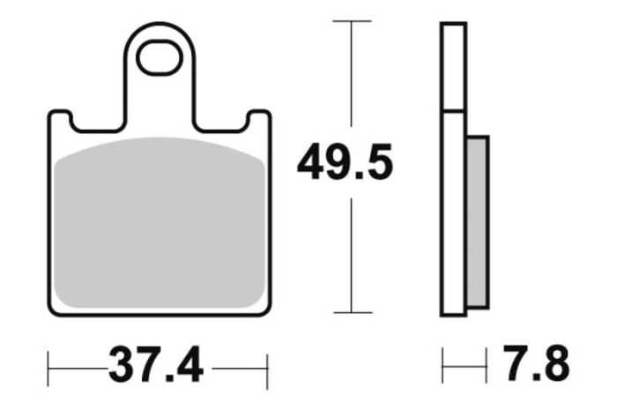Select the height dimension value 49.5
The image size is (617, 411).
pos(344,165)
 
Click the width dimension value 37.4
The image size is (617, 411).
pos(155,363)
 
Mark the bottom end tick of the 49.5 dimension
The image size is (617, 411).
pos(352,312)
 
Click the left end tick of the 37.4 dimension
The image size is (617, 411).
pos(48,363)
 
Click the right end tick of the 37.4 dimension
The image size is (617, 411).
pos(266,363)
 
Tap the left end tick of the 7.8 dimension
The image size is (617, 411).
pos(443,363)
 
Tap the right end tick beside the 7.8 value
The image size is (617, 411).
pos(486,363)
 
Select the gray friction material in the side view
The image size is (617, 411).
pos(476,220)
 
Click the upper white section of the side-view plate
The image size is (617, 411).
pos(453,67)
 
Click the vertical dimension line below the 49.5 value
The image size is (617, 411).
pos(352,256)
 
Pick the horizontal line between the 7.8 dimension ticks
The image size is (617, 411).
pos(465,363)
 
